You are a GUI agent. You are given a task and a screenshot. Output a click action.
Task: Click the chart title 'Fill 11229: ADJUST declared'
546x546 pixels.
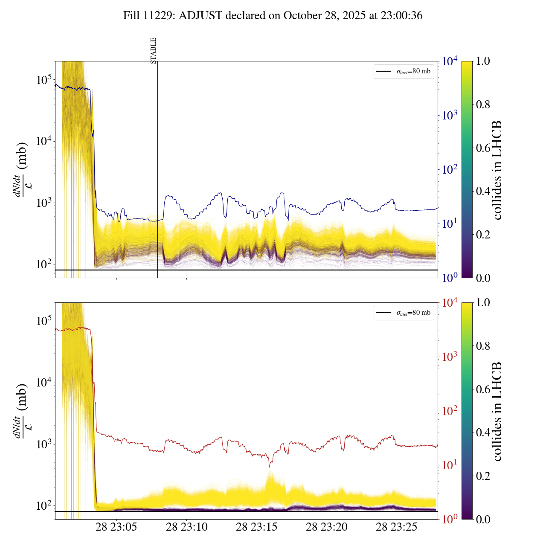[273, 16]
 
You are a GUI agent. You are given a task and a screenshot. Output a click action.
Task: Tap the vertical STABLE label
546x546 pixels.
[154, 50]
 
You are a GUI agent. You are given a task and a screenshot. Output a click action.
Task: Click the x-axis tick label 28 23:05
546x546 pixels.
[116, 527]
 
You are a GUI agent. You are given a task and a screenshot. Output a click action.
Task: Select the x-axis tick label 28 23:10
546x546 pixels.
[187, 527]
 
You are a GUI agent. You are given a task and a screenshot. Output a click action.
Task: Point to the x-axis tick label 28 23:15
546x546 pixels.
[257, 527]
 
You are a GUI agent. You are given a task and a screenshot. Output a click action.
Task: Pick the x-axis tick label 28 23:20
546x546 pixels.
[327, 527]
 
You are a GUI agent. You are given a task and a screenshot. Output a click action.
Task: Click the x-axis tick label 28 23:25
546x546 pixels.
[397, 527]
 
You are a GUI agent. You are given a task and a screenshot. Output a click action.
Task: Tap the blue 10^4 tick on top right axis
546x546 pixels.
[450, 61]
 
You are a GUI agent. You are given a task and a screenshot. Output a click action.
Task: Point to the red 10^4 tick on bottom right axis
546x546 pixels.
[450, 303]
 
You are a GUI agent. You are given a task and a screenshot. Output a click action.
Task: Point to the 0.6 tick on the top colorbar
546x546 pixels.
[483, 148]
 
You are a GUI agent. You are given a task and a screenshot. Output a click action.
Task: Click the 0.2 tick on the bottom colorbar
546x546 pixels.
[483, 476]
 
